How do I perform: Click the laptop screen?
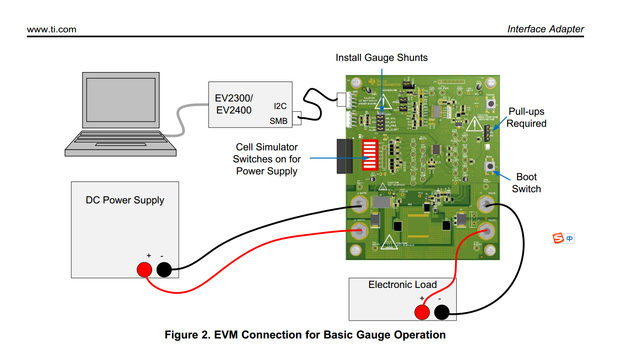click(x=121, y=100)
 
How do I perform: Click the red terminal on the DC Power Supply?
click(x=144, y=270)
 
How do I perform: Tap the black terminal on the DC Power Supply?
click(x=164, y=270)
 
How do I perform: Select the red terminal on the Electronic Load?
click(x=422, y=312)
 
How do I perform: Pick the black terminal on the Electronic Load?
click(x=442, y=312)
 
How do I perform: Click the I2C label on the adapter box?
click(x=280, y=106)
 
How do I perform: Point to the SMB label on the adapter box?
click(x=279, y=121)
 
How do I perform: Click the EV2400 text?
click(x=234, y=110)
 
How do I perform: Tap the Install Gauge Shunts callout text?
click(x=381, y=58)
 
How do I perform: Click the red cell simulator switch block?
click(x=370, y=155)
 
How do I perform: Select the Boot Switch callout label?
click(x=526, y=183)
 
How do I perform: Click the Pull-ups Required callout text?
click(x=526, y=117)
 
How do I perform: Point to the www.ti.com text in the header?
click(x=51, y=29)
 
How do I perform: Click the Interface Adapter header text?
click(x=545, y=29)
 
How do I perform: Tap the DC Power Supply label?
click(x=125, y=200)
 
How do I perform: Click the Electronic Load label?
click(x=402, y=285)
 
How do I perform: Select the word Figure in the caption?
click(x=181, y=335)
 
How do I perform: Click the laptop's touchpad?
click(x=121, y=145)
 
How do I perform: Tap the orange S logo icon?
click(x=558, y=238)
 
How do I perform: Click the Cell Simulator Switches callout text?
click(x=267, y=159)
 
